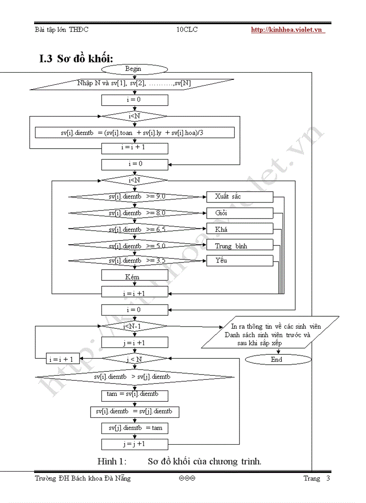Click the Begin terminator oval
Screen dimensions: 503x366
pyautogui.click(x=134, y=69)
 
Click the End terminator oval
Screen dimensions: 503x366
pyautogui.click(x=278, y=359)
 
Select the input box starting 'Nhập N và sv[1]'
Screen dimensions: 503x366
pyautogui.click(x=134, y=84)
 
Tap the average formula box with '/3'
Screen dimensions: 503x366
pyautogui.click(x=135, y=132)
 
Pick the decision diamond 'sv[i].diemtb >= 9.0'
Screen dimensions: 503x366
pyautogui.click(x=137, y=197)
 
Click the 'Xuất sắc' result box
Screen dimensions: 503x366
pyautogui.click(x=240, y=197)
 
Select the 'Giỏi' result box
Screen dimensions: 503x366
pyautogui.click(x=240, y=213)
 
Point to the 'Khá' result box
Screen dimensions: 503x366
pyautogui.click(x=240, y=229)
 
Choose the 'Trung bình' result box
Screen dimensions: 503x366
pyautogui.click(x=240, y=245)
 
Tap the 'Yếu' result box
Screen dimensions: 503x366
pyautogui.click(x=240, y=260)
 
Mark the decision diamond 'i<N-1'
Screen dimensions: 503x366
pyautogui.click(x=134, y=326)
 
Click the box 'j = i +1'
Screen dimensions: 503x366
pyautogui.click(x=135, y=343)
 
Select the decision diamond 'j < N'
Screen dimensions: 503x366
pyautogui.click(x=134, y=359)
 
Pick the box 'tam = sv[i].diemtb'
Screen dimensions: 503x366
pyautogui.click(x=135, y=396)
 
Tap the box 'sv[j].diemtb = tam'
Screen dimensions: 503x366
pyautogui.click(x=135, y=428)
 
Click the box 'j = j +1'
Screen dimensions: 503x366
pyautogui.click(x=135, y=444)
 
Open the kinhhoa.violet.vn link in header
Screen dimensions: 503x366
pyautogui.click(x=287, y=30)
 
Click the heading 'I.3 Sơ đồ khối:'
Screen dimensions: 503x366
pyautogui.click(x=76, y=58)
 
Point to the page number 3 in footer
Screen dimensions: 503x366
pyautogui.click(x=328, y=478)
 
